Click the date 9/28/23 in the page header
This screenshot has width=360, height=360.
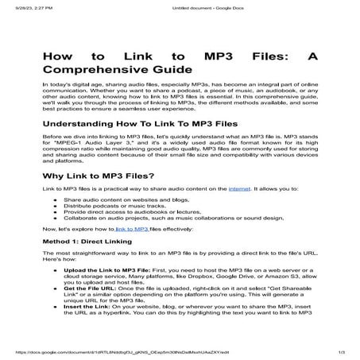coord(15,7)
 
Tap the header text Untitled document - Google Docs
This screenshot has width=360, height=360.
coord(180,7)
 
